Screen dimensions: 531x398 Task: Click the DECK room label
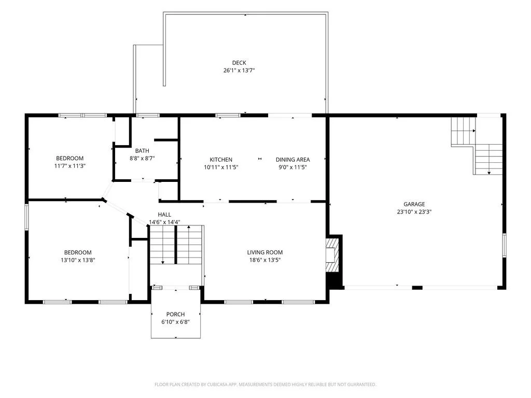239,63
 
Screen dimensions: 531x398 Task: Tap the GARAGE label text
414,204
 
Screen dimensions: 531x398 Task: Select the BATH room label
142,151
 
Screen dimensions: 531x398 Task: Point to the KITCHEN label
221,160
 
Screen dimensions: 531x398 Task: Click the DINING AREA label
292,160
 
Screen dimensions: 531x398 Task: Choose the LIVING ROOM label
265,252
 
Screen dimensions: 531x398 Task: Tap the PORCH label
175,314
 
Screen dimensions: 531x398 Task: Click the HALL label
164,214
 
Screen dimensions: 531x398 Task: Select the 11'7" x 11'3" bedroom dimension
70,166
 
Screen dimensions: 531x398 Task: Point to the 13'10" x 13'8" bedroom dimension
78,260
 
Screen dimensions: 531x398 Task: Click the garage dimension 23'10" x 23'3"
414,212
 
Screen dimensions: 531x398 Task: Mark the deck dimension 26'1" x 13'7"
239,70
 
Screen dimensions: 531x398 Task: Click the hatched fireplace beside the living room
332,255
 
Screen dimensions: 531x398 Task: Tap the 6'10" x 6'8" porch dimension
175,322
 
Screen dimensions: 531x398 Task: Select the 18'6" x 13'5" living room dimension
265,260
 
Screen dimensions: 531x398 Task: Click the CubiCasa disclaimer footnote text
265,385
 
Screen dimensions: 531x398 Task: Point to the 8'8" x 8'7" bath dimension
142,158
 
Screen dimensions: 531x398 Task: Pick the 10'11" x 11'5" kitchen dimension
221,167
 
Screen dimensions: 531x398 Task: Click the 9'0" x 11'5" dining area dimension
292,167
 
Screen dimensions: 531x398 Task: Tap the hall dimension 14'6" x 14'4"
164,222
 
